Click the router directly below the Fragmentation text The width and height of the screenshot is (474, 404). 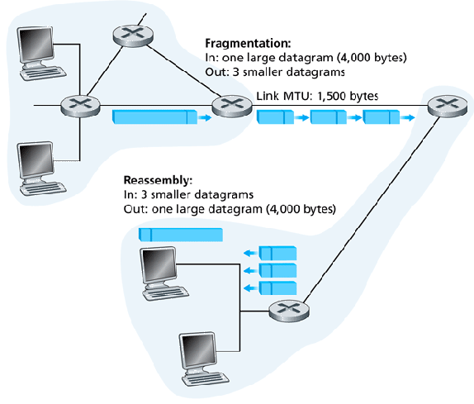coord(225,106)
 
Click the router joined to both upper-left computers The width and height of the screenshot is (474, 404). coord(73,106)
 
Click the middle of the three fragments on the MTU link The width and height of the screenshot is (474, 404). coord(328,119)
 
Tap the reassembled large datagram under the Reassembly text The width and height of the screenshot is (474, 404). coord(181,235)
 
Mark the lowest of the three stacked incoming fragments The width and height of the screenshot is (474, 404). coord(277,288)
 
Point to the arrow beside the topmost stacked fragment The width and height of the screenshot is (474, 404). coord(249,253)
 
